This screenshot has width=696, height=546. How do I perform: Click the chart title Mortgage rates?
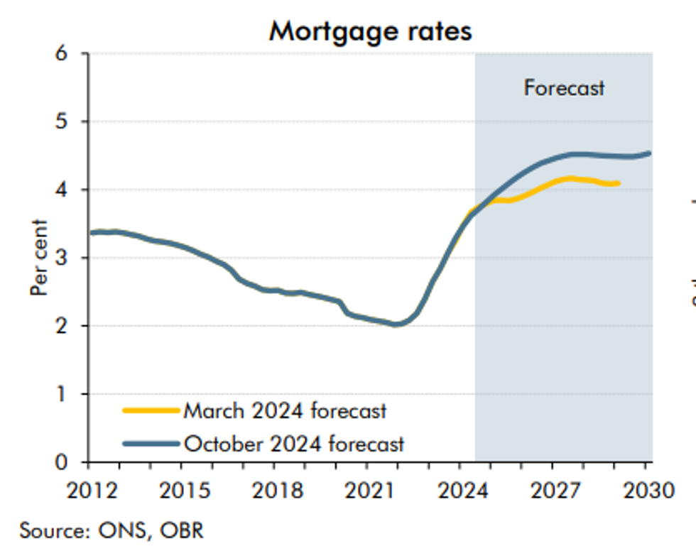pos(370,31)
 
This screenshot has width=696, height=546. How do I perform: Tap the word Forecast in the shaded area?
pos(564,88)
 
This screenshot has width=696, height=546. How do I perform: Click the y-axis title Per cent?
pos(39,258)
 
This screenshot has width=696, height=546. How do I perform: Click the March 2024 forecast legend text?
pos(285,410)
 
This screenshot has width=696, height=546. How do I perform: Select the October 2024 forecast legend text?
pos(294,444)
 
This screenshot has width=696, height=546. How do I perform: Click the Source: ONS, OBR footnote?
pos(112,530)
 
